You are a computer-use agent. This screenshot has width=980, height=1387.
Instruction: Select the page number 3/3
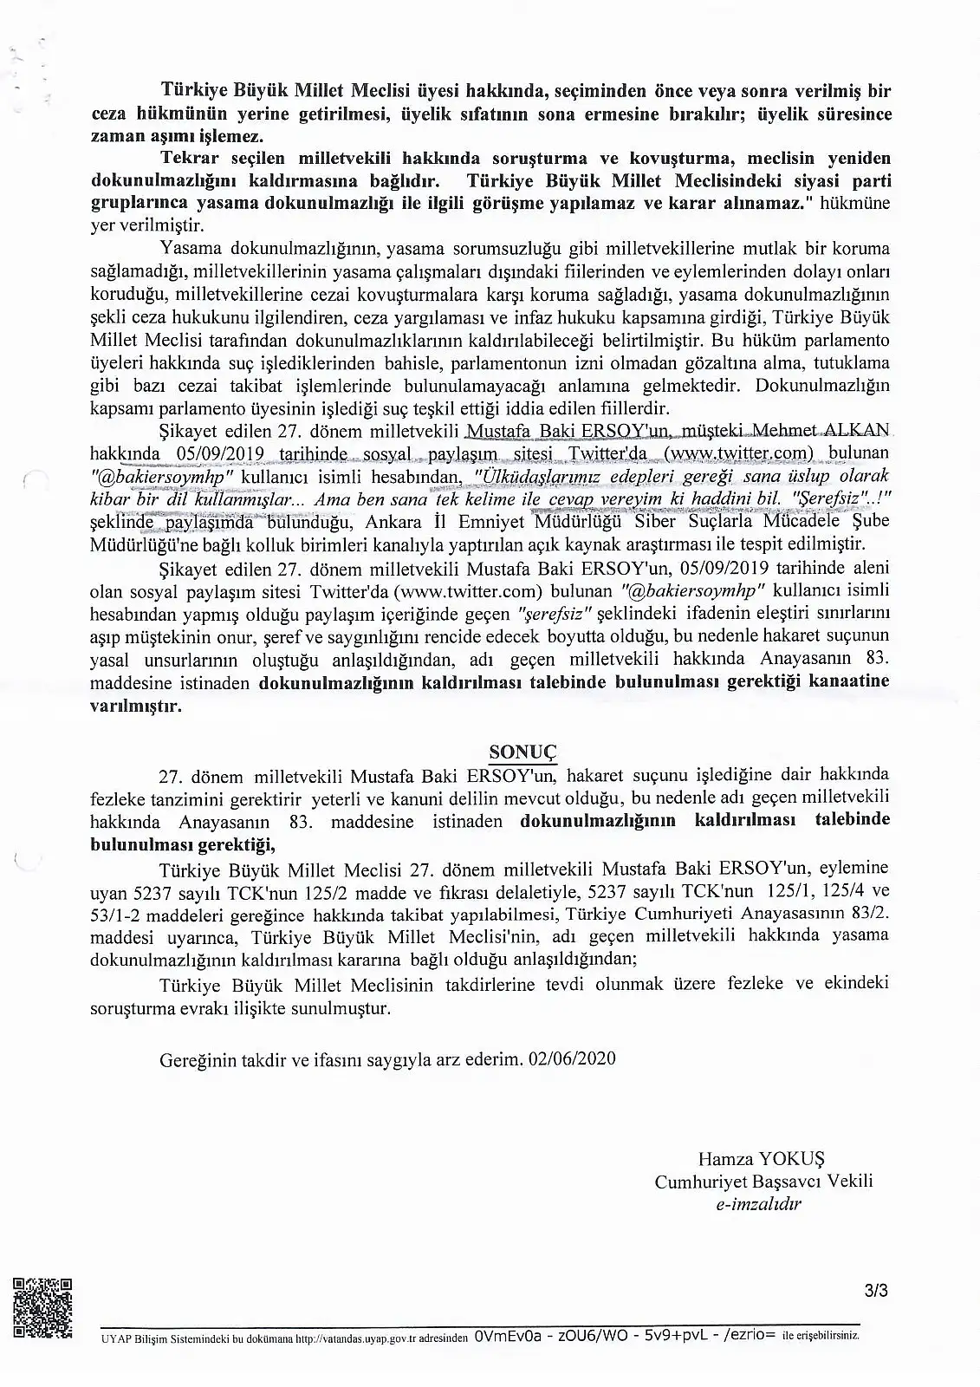pyautogui.click(x=876, y=1291)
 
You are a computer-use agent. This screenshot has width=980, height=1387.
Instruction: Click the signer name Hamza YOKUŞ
pyautogui.click(x=762, y=1158)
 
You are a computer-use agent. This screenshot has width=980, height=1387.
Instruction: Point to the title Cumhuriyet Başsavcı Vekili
pyautogui.click(x=763, y=1181)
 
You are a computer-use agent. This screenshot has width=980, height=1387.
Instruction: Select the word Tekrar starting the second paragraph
pyautogui.click(x=191, y=160)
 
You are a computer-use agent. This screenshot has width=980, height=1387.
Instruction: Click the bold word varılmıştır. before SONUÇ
pyautogui.click(x=136, y=706)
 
